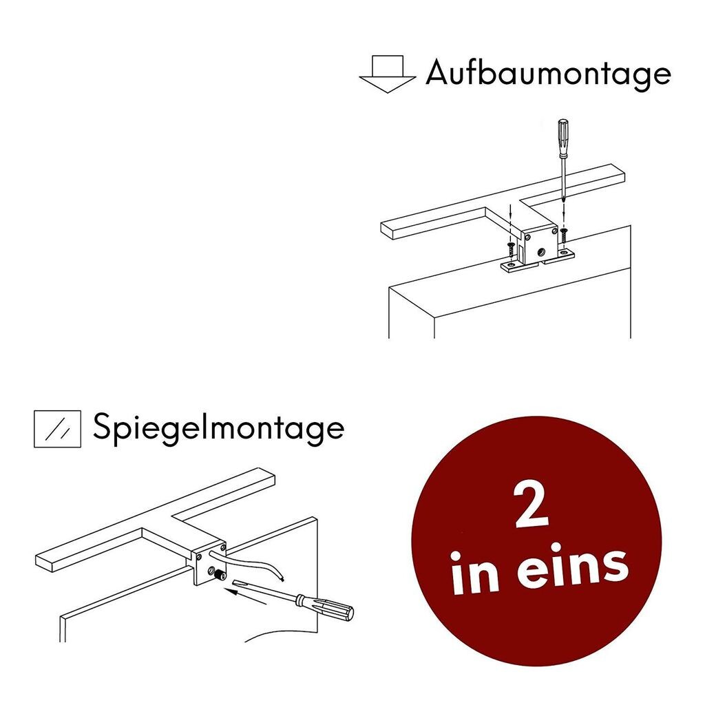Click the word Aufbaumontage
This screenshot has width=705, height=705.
[549, 73]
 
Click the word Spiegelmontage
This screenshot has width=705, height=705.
[218, 428]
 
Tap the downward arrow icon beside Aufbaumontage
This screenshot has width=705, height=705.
[387, 74]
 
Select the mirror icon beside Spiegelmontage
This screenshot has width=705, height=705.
[58, 429]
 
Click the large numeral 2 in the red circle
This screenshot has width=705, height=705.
[532, 505]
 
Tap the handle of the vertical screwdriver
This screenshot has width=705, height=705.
[563, 138]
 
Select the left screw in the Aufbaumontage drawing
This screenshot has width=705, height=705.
[511, 248]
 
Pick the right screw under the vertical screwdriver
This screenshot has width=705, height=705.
[564, 235]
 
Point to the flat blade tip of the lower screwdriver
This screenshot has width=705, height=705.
[235, 583]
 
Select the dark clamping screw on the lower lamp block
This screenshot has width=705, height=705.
[220, 574]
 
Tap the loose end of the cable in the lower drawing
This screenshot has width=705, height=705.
[282, 578]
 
